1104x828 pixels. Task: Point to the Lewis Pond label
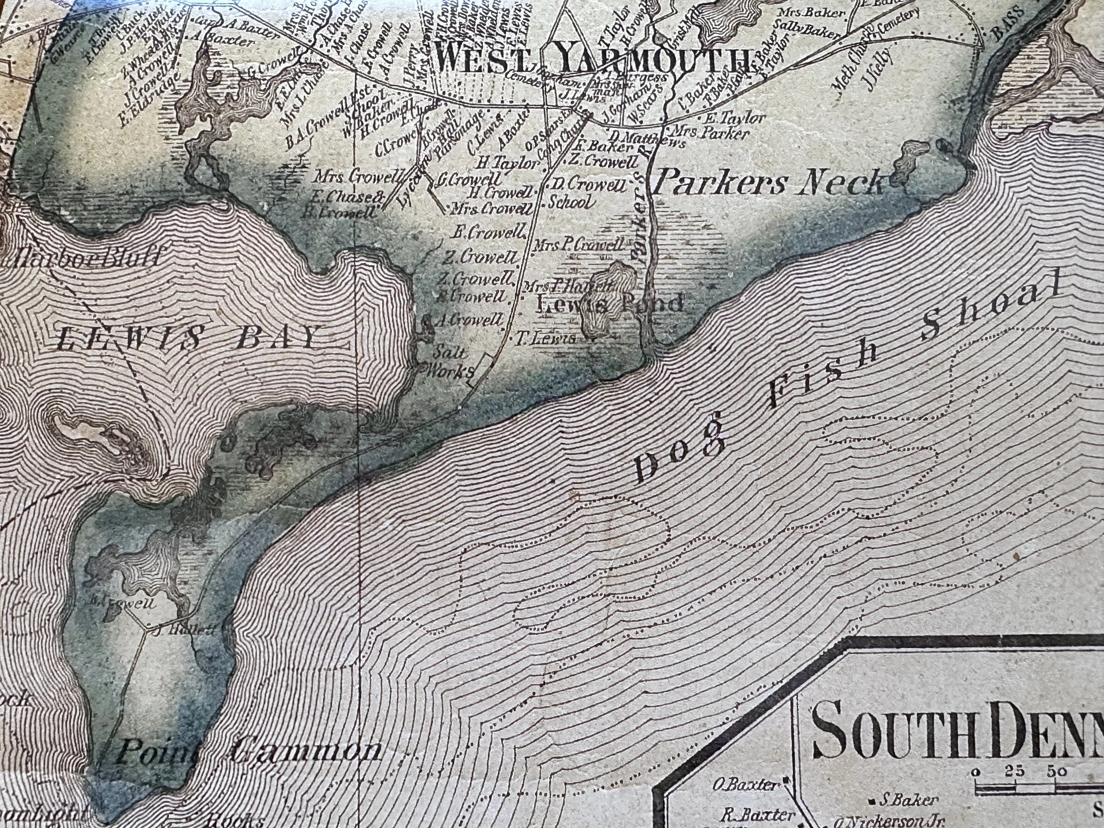coord(609,303)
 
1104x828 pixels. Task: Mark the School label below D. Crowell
coord(571,202)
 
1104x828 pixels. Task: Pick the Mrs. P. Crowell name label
coord(578,245)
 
